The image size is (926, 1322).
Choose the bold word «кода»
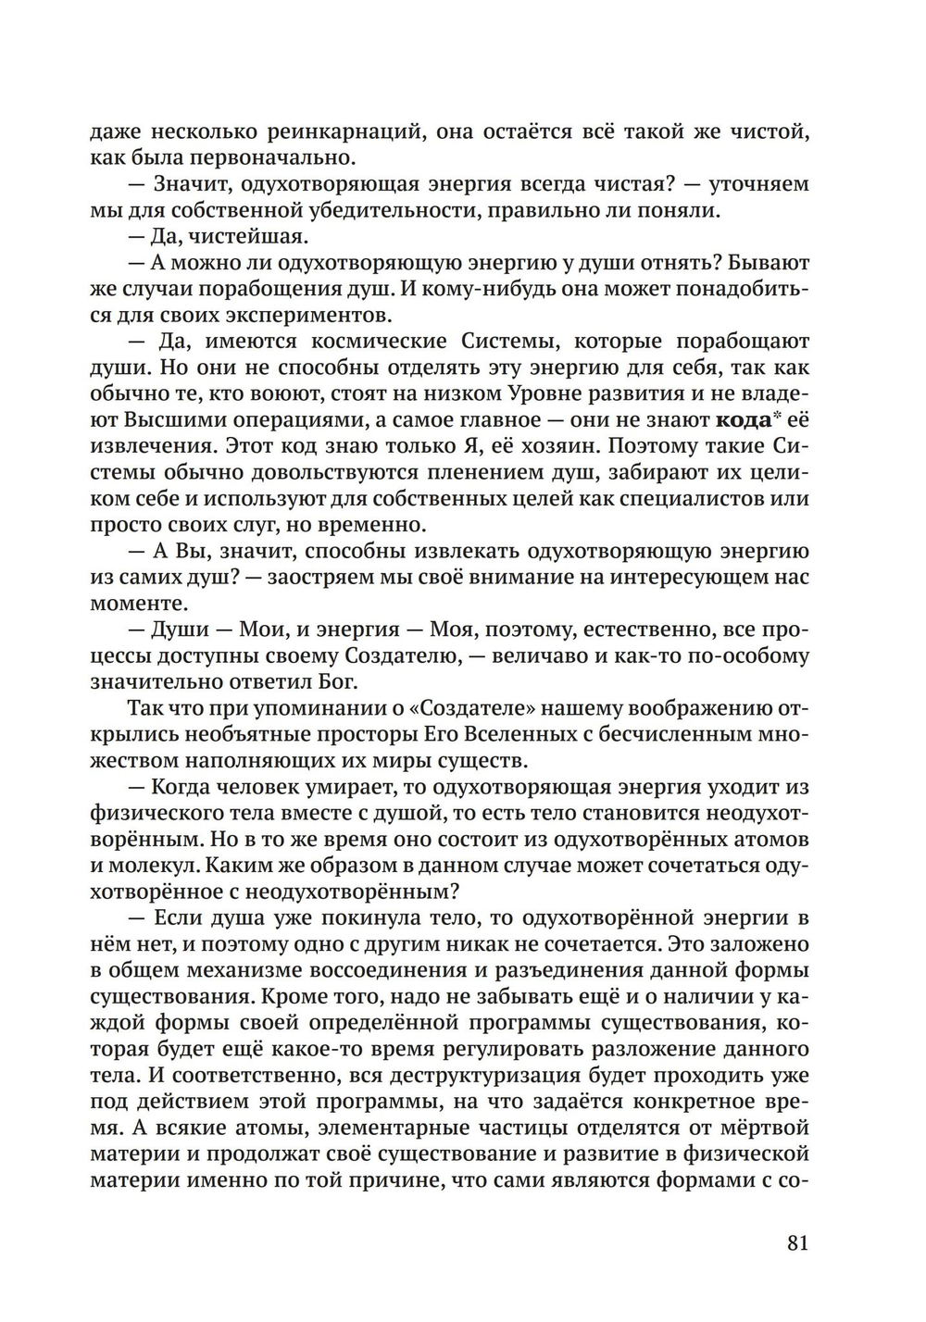pos(744,419)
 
